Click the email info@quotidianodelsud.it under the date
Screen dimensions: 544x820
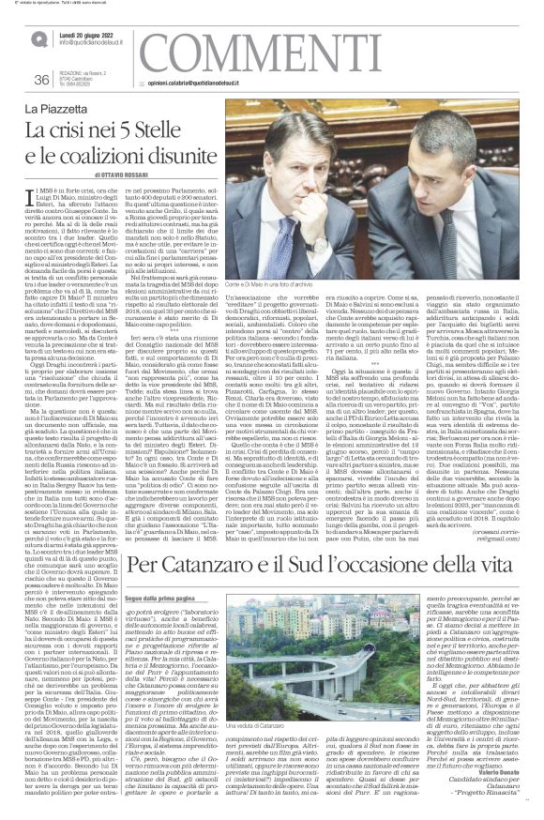(96, 43)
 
